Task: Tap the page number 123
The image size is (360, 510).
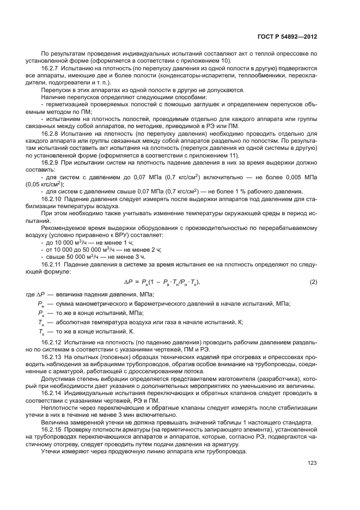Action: (x=312, y=463)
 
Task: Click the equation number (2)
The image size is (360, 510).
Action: (x=313, y=282)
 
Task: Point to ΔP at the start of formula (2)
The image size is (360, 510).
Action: (x=129, y=282)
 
